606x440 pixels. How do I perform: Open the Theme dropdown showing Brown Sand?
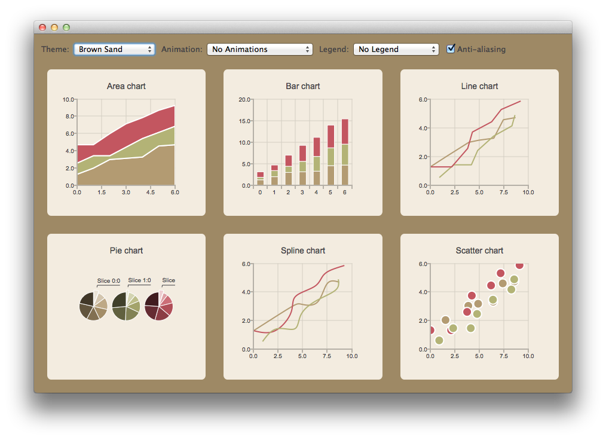[x=114, y=49]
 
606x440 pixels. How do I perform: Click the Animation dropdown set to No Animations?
[x=259, y=49]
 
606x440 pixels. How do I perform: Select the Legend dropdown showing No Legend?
[x=396, y=49]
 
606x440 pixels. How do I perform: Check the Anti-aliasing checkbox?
[x=451, y=49]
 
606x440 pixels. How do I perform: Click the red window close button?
[x=42, y=27]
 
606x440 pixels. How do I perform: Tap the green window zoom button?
[x=66, y=27]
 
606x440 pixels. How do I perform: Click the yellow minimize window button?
[x=54, y=27]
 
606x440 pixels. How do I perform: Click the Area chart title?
[x=126, y=86]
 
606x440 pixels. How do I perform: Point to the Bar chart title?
[x=303, y=86]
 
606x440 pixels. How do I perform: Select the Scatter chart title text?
[x=479, y=250]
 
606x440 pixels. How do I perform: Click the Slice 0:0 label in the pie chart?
[x=109, y=280]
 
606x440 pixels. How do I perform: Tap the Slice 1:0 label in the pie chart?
[x=139, y=280]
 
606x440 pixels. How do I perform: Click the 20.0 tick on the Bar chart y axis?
[x=244, y=99]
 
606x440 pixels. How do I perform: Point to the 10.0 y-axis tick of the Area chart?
[x=68, y=99]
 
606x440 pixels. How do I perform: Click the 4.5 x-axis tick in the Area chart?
[x=151, y=192]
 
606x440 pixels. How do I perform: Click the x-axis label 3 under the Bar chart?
[x=302, y=192]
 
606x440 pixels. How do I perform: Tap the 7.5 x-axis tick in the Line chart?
[x=504, y=192]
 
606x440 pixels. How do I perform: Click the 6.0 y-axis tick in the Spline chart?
[x=246, y=264]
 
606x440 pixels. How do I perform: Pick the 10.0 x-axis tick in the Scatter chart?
[x=528, y=356]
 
